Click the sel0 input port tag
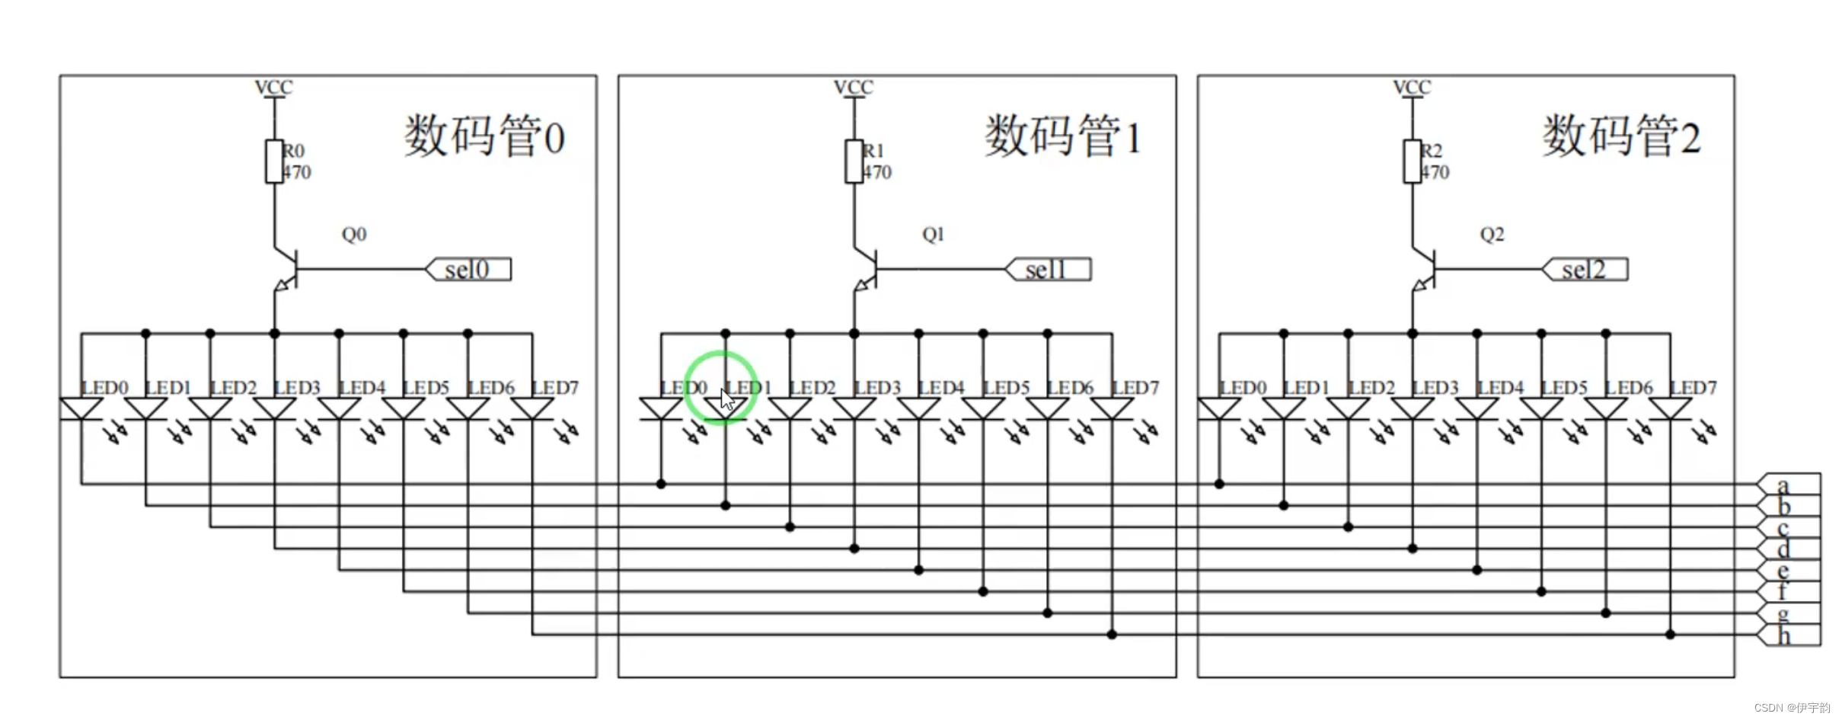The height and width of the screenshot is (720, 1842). click(x=468, y=270)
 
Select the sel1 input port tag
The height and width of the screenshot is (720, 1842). click(x=1049, y=270)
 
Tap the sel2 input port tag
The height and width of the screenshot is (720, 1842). click(x=1585, y=270)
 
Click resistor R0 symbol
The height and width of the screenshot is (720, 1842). click(x=274, y=161)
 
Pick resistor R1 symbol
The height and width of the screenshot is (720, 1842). click(x=854, y=161)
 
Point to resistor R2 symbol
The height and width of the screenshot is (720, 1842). click(x=1412, y=161)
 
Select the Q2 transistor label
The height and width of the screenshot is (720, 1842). click(x=1492, y=234)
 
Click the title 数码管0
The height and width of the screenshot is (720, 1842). click(x=484, y=136)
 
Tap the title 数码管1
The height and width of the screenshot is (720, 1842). click(x=1063, y=136)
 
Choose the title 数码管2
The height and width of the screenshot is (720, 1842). click(x=1621, y=136)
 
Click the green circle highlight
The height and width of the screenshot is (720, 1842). click(x=720, y=387)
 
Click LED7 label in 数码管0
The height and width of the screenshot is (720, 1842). click(x=555, y=388)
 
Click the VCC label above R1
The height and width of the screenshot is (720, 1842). click(x=853, y=88)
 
